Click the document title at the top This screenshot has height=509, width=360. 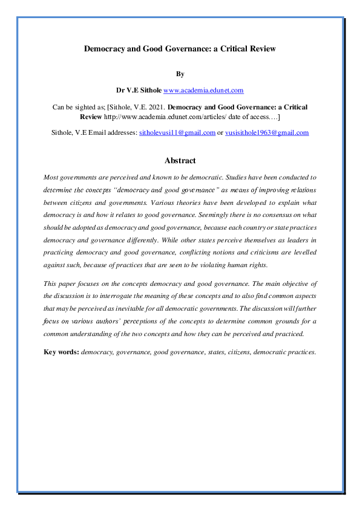(180, 48)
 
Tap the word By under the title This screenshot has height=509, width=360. (180, 74)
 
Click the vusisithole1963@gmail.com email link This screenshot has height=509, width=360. (267, 132)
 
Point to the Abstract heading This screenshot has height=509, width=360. (180, 161)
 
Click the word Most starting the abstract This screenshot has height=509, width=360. (52, 177)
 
